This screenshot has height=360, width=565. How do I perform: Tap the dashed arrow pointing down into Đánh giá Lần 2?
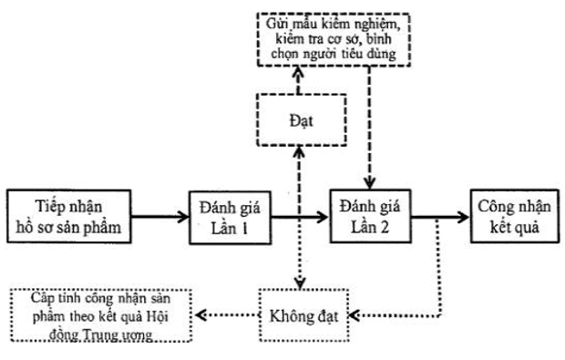368,137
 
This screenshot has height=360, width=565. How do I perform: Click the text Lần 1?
231,229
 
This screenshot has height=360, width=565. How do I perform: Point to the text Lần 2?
368,229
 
